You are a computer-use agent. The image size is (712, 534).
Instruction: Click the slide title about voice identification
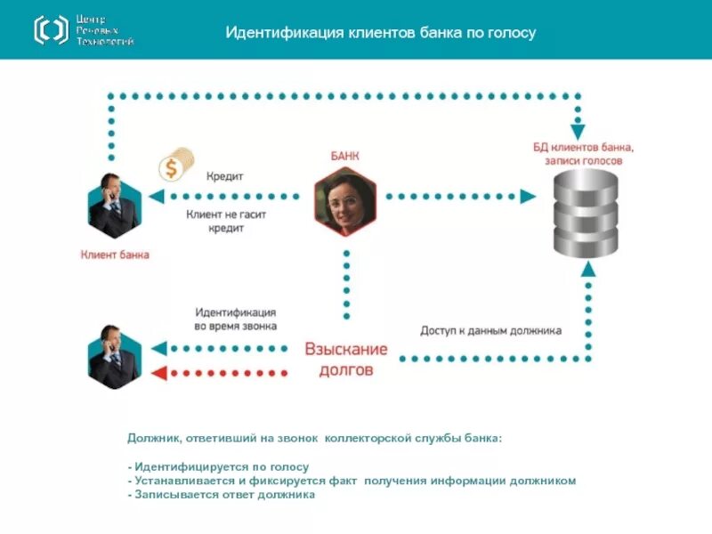pos(380,33)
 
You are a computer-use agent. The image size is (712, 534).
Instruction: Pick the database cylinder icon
pos(585,214)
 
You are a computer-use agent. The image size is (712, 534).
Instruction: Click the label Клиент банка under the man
pos(115,255)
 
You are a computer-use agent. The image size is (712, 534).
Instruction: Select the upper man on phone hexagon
pos(114,205)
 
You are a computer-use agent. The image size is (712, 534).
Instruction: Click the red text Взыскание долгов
pos(346,359)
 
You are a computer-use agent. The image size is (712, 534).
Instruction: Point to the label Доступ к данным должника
pos(490,330)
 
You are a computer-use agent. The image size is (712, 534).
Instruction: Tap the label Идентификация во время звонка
pos(235,319)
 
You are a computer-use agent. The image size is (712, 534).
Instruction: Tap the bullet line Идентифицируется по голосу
pos(219,466)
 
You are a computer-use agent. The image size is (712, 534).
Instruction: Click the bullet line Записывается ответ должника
pos(222,495)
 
